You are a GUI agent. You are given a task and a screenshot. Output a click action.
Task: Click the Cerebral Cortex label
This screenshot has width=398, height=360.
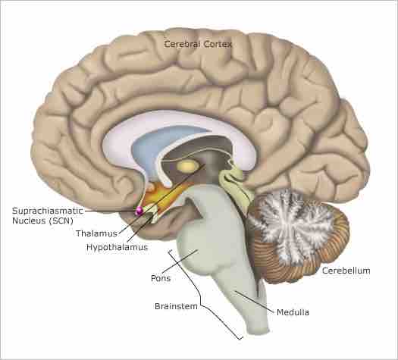point(198,45)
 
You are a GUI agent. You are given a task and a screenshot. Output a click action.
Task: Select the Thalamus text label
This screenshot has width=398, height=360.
point(96,233)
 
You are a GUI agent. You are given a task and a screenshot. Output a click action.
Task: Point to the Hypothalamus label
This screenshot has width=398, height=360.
point(117,247)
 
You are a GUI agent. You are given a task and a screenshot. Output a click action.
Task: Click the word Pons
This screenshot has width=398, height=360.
point(161,278)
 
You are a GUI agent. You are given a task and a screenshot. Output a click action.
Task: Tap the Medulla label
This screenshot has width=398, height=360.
point(293,311)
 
